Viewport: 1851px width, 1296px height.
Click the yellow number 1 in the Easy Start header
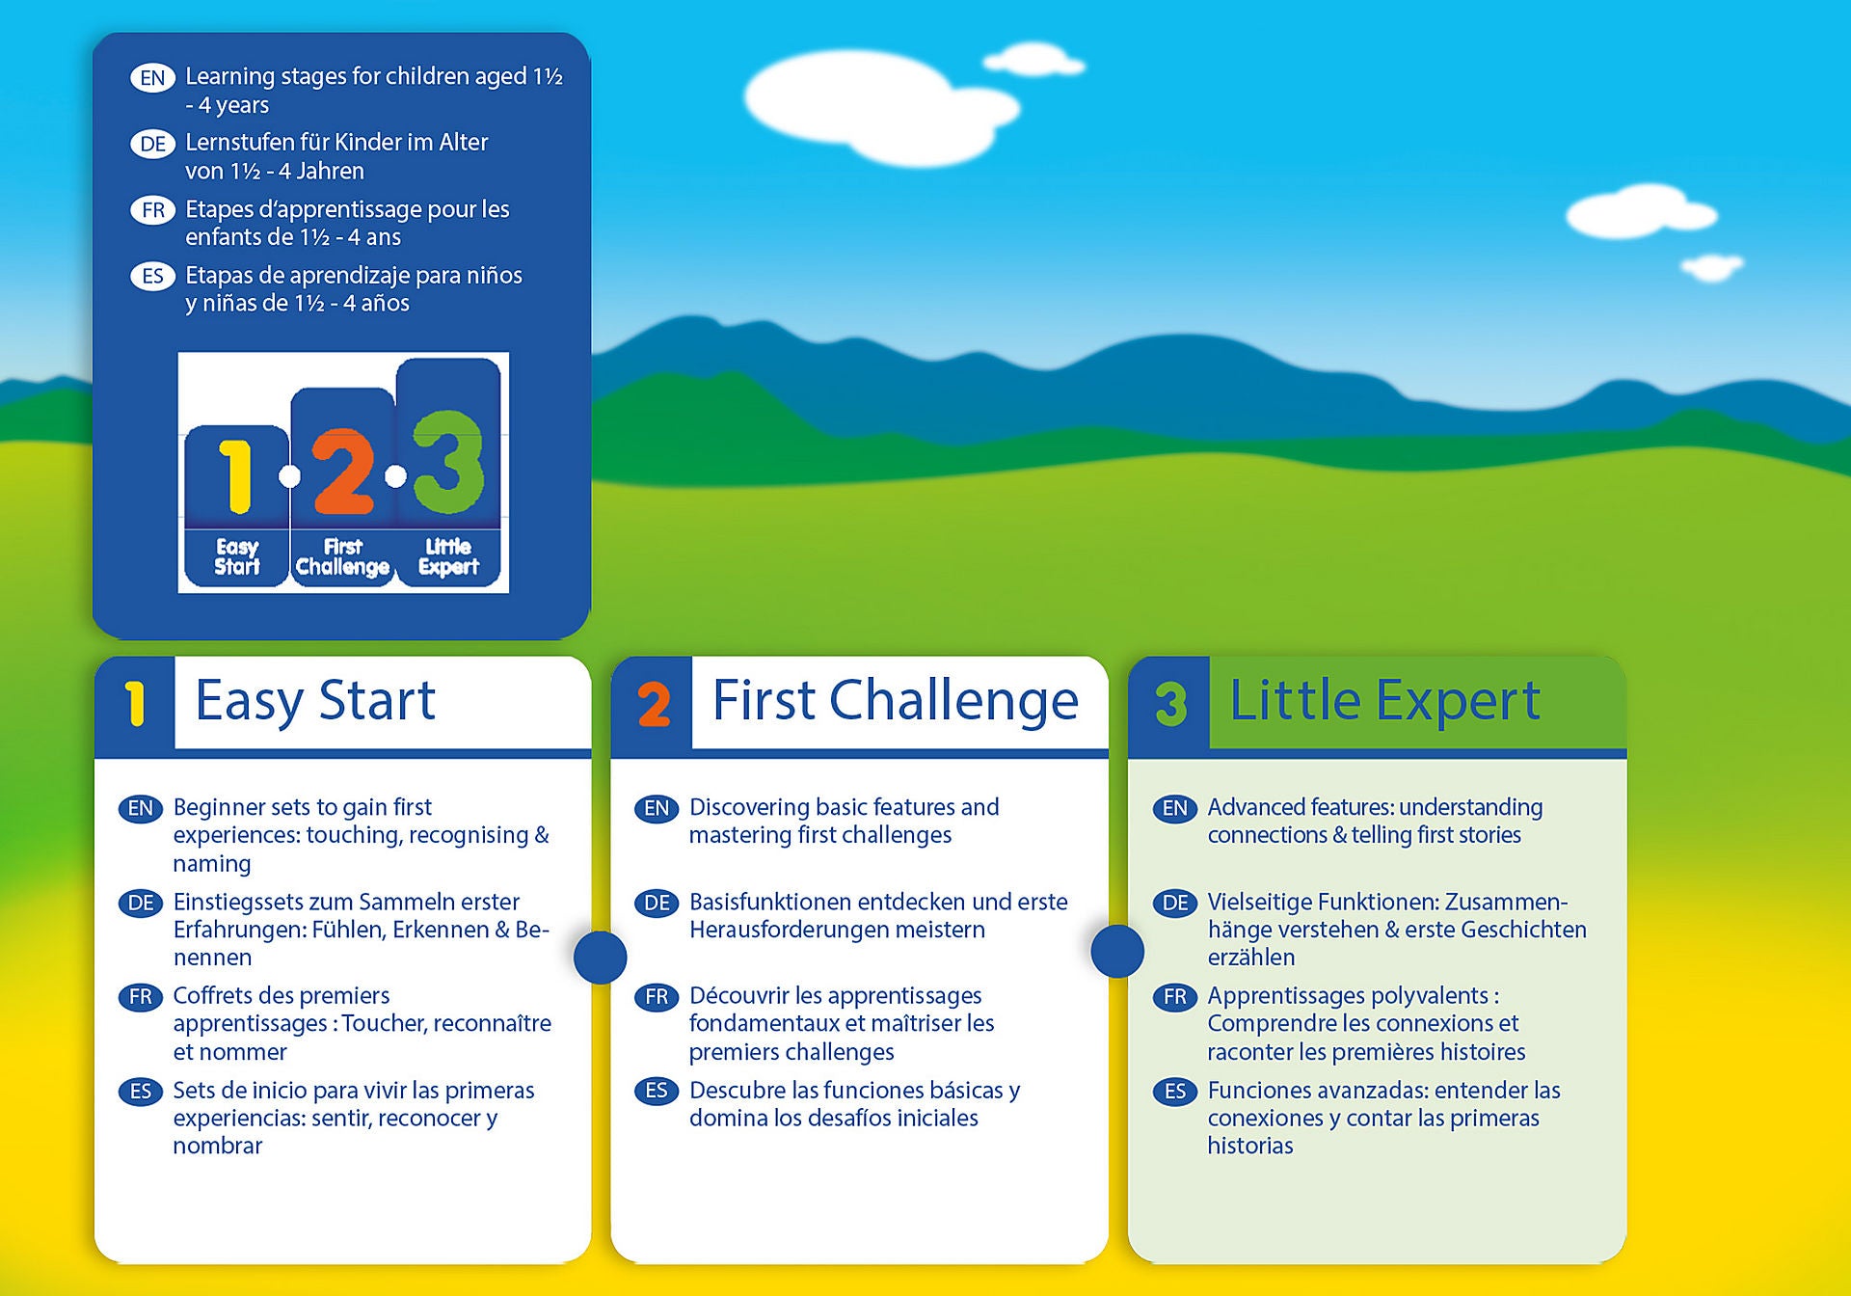[136, 704]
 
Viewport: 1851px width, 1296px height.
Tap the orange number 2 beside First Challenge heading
[654, 704]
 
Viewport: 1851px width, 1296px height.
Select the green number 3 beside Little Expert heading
[1171, 704]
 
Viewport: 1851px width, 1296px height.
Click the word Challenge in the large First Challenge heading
[953, 701]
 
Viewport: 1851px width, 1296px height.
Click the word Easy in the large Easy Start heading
[249, 701]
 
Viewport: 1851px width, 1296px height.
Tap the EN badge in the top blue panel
[152, 77]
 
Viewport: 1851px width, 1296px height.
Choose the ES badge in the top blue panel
[152, 276]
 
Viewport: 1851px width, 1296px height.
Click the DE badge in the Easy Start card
[141, 903]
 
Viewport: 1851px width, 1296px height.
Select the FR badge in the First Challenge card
[657, 996]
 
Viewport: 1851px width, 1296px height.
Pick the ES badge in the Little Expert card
[1175, 1091]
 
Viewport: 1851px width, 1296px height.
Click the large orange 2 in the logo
[343, 472]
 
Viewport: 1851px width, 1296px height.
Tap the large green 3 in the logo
[448, 462]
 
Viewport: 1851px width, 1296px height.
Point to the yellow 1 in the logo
[236, 477]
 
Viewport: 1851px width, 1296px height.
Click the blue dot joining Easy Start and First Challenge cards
[601, 958]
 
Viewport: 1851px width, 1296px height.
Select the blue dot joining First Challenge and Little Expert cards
[1117, 951]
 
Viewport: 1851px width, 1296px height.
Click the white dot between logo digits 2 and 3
[395, 475]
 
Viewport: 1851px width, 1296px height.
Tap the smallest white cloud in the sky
[1712, 266]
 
